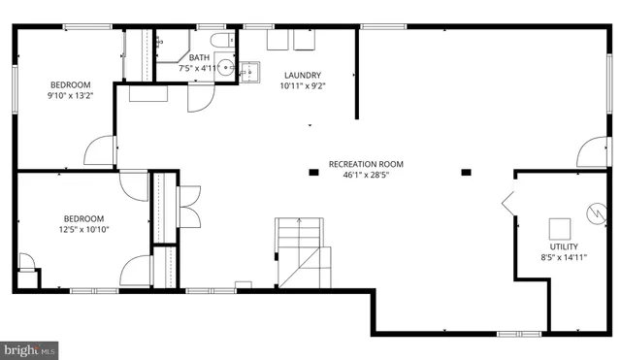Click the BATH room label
coord(199,57)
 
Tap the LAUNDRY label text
coord(302,75)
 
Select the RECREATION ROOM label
coord(366,164)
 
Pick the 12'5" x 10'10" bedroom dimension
coord(83,230)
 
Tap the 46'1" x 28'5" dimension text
coord(366,176)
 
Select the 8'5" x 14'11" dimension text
coord(564,258)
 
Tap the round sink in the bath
coord(225,67)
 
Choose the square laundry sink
coord(250,71)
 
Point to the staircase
coord(301,247)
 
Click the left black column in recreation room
coord(312,173)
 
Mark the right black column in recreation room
coord(467,173)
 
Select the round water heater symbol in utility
coord(589,210)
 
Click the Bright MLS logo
coord(29,349)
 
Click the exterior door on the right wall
coord(591,155)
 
